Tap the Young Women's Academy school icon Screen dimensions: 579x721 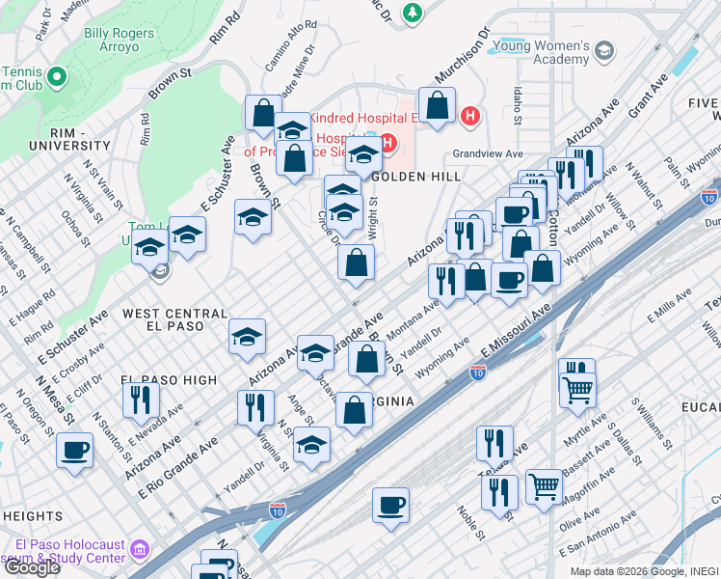604,51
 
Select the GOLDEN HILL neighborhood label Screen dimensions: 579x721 415,178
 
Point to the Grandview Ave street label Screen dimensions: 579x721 488,154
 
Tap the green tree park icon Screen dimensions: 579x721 414,13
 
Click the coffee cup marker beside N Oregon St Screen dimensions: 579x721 74,450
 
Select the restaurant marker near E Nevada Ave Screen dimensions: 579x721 142,400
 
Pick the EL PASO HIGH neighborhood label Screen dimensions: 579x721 170,380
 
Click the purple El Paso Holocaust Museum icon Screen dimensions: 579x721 140,550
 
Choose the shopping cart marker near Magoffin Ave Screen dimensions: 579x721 545,486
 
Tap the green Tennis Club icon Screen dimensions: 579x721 56,76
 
